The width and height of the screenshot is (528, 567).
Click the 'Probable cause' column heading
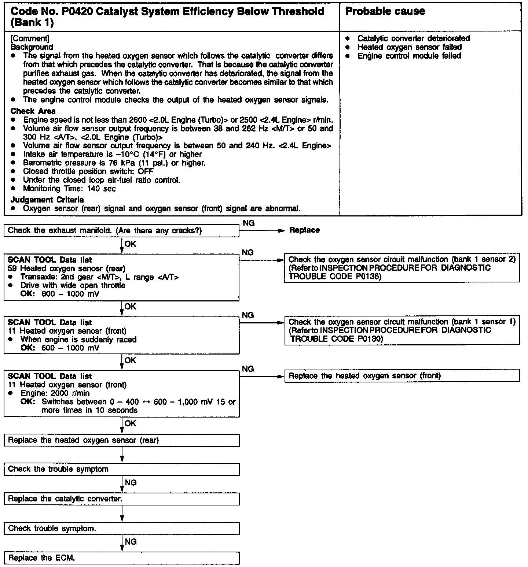point(385,11)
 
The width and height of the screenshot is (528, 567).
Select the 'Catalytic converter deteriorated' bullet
point(413,38)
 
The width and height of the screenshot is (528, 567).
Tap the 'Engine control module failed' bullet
point(409,56)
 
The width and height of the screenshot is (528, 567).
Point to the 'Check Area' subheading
point(33,111)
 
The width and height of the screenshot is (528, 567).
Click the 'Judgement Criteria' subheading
point(47,200)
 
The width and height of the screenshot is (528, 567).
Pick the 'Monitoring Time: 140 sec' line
point(69,189)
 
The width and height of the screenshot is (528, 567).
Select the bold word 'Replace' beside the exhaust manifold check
point(304,230)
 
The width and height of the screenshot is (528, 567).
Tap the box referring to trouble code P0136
point(402,268)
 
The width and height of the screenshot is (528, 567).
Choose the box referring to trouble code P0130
point(402,331)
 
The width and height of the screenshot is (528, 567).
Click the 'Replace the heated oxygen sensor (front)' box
point(402,376)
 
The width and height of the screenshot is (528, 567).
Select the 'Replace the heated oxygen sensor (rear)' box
point(121,440)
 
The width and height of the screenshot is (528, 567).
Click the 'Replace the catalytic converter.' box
point(121,499)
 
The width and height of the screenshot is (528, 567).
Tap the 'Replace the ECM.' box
point(121,558)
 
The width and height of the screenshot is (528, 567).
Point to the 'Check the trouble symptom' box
point(121,469)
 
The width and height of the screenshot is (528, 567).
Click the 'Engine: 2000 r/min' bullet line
point(55,393)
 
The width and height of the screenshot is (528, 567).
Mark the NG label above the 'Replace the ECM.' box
point(131,542)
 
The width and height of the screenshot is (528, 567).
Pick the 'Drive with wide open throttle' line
point(73,286)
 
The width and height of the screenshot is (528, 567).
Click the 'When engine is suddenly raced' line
point(78,340)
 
